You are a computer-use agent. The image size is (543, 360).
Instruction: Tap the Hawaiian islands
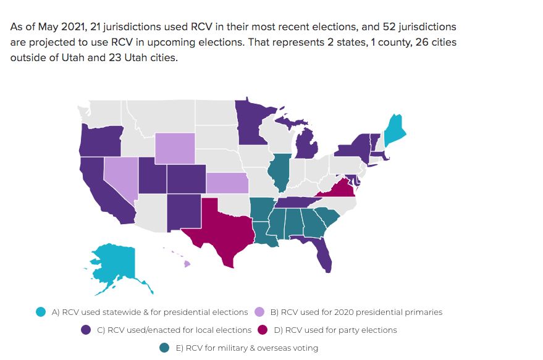tap(184, 263)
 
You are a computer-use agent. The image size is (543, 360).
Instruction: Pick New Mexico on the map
tap(185, 212)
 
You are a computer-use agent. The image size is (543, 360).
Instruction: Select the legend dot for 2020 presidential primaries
tap(260, 312)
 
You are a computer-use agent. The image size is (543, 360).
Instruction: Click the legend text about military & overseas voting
tap(246, 348)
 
